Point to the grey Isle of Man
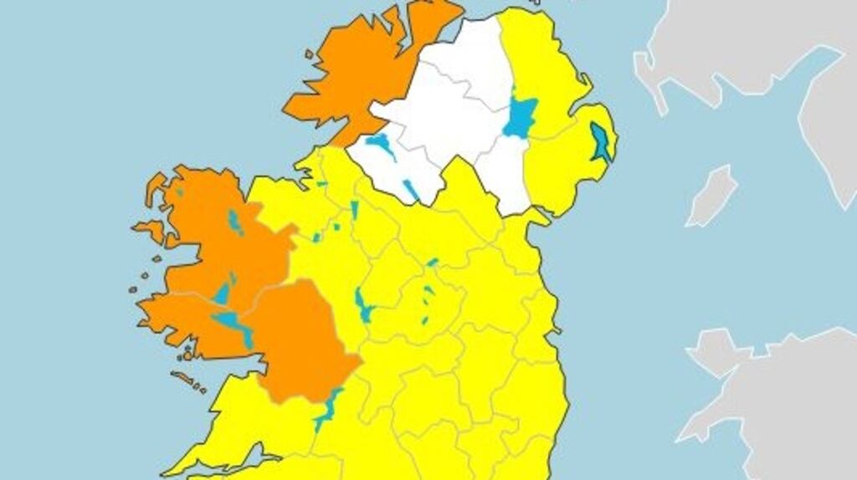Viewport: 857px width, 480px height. pos(711,196)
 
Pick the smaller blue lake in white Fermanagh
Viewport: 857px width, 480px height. pos(411,190)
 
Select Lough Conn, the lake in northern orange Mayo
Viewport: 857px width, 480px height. pos(234,222)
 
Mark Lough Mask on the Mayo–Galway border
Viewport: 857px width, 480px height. pos(222,294)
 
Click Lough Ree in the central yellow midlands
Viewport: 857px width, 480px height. pos(363,305)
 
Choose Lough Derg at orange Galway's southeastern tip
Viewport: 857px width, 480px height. pos(328,409)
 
